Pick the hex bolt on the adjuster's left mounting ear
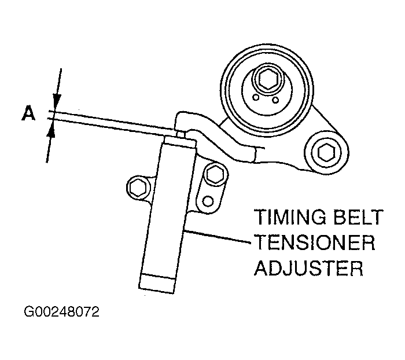pyautogui.click(x=139, y=188)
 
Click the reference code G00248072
pyautogui.click(x=62, y=313)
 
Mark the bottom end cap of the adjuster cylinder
pyautogui.click(x=158, y=282)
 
